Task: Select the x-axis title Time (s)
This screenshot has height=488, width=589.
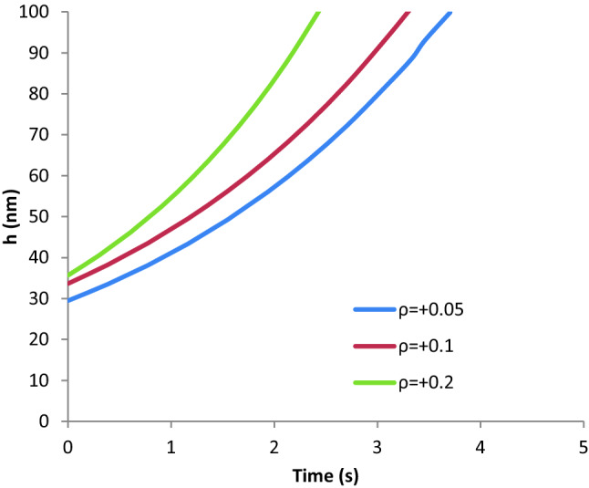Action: point(324,475)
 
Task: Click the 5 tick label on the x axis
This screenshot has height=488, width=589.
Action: point(583,446)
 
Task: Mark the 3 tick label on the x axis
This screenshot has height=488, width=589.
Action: point(377,446)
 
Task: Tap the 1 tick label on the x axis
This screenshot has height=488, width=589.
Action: point(170,446)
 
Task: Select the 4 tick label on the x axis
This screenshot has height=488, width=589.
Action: point(480,446)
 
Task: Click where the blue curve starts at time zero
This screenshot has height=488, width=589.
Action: point(68,300)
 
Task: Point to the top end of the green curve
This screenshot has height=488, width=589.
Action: point(318,13)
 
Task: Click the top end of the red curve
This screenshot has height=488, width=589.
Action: point(408,13)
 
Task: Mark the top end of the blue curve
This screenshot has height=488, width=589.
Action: point(449,13)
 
